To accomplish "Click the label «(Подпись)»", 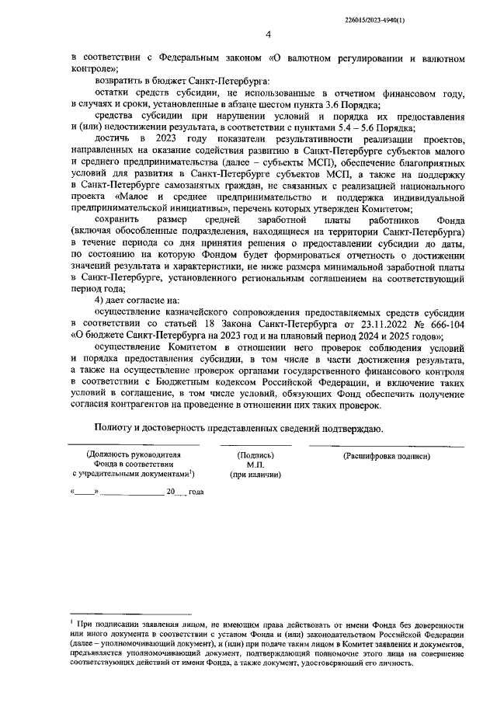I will pyautogui.click(x=255, y=456).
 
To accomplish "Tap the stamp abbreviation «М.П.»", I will pyautogui.click(x=255, y=465).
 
